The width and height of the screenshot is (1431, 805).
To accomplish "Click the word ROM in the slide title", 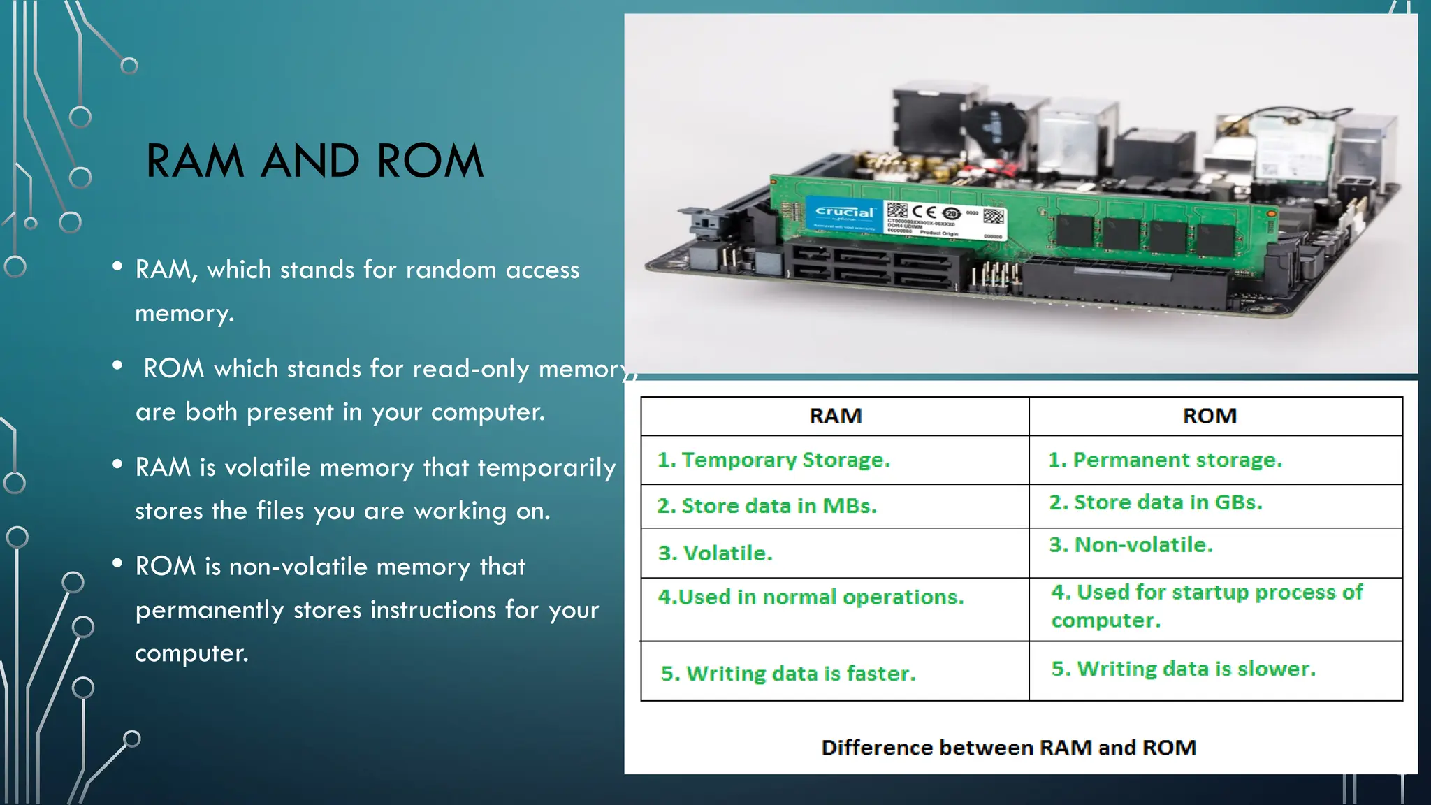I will coord(430,161).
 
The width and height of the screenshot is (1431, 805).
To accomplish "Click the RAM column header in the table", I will coord(835,416).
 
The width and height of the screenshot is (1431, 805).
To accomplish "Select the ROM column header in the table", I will coord(1210,416).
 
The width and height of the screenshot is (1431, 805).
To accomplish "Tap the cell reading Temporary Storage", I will coord(774,460).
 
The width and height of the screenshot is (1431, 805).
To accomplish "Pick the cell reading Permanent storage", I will coord(1165,460).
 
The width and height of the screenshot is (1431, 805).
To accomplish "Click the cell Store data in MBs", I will coord(767,506).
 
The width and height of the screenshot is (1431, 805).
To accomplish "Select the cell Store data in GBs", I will coord(1156,502).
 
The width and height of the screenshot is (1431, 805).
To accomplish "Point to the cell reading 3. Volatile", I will coord(715,553).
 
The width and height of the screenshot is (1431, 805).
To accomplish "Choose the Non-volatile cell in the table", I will coord(1131,545).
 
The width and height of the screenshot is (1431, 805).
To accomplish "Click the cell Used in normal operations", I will coord(811,597).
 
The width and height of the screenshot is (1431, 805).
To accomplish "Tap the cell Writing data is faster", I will coord(788,674).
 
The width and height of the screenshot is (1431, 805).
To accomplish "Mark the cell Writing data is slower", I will coord(1184,669).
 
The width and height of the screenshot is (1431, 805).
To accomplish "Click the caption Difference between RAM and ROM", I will coord(1009,748).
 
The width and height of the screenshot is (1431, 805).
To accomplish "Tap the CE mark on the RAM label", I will coord(924,211).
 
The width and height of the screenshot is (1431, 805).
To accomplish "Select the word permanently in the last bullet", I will coord(210,610).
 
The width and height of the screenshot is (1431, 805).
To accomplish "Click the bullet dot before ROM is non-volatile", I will coord(117,563).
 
